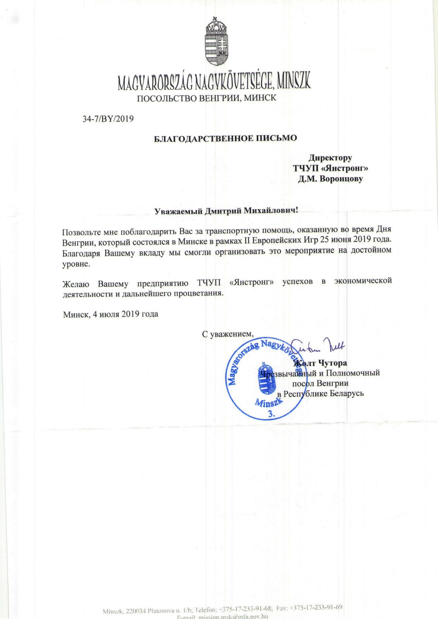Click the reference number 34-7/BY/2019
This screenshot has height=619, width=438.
108,119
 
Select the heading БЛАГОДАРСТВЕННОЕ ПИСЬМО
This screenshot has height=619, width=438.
225,138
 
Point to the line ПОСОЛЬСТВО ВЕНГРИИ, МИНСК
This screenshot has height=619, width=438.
206,98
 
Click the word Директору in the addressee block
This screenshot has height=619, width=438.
330,158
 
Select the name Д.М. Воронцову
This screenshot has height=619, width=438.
330,179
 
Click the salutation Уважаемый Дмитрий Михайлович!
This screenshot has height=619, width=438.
227,211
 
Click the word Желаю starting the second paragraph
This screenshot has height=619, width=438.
76,283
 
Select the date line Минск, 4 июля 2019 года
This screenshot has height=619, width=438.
111,314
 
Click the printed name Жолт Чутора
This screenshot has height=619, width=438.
321,363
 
